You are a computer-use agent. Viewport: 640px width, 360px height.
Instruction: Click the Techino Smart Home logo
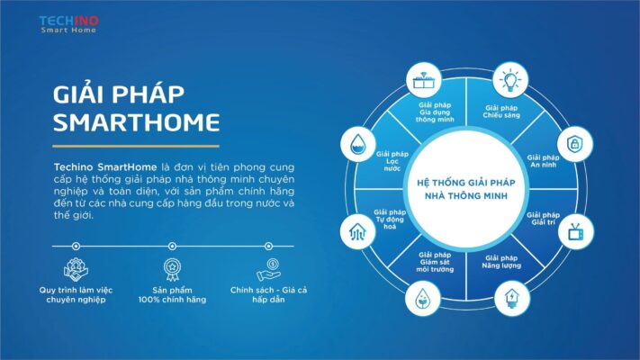[x=68, y=24]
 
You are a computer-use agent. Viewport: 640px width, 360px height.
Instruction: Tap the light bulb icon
[x=509, y=80]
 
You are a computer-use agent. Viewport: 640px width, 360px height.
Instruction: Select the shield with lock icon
[x=575, y=144]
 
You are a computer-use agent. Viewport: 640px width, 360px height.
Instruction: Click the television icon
[x=576, y=232]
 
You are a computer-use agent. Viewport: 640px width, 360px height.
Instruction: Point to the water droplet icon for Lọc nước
[x=358, y=145]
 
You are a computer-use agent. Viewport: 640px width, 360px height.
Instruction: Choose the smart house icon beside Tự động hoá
[x=357, y=232]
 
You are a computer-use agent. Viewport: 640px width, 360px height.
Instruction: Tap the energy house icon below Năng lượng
[x=512, y=299]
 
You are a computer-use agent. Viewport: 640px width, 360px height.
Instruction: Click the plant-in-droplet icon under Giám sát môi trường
[x=423, y=299]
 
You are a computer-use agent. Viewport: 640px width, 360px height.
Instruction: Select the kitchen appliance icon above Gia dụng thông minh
[x=423, y=80]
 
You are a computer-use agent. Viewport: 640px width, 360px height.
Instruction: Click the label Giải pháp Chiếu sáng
[x=501, y=112]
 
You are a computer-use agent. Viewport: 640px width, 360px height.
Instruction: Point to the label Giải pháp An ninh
[x=543, y=161]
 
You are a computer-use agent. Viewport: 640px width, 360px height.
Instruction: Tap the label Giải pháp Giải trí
[x=543, y=219]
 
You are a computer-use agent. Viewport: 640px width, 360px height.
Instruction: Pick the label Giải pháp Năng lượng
[x=501, y=262]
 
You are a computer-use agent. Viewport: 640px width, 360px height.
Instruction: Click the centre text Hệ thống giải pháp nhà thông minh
[x=465, y=189]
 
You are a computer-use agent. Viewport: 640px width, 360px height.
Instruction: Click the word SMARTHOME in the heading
[x=136, y=122]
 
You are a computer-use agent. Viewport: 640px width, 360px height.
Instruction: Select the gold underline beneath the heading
[x=136, y=146]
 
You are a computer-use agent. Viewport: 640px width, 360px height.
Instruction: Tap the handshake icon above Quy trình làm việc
[x=76, y=269]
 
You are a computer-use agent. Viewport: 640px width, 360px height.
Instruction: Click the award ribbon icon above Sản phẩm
[x=172, y=269]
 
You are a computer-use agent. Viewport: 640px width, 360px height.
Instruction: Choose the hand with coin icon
[x=268, y=269]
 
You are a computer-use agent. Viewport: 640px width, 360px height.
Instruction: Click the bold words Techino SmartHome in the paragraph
[x=105, y=166]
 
